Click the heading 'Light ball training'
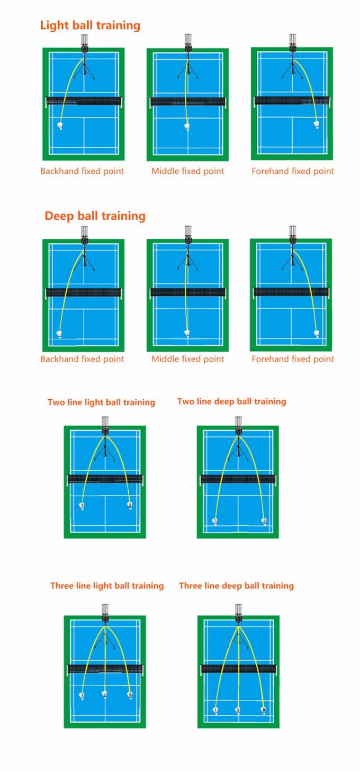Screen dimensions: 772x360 click(91, 25)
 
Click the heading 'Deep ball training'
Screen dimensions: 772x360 click(95, 216)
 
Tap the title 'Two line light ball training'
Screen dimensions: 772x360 click(101, 402)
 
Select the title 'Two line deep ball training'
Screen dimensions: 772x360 click(231, 401)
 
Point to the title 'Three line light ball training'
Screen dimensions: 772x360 click(107, 586)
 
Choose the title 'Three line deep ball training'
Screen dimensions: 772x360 click(236, 586)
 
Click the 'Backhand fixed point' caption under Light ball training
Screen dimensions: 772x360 click(82, 171)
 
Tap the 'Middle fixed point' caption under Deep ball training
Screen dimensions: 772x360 click(188, 359)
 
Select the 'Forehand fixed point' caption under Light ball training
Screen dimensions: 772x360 click(293, 171)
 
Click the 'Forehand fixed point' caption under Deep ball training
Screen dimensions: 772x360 click(293, 359)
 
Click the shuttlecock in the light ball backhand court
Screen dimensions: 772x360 click(60, 127)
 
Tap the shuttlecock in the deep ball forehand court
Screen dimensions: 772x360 click(317, 334)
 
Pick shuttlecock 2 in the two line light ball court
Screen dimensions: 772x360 click(130, 506)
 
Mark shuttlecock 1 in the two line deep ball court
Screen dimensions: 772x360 click(215, 522)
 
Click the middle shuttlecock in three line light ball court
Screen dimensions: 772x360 click(105, 694)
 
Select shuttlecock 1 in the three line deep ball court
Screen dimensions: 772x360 click(215, 710)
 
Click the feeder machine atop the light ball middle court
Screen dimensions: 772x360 click(188, 42)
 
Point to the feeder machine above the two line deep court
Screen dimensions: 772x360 click(238, 425)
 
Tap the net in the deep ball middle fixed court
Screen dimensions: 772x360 click(188, 292)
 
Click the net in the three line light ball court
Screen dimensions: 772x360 click(105, 669)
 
